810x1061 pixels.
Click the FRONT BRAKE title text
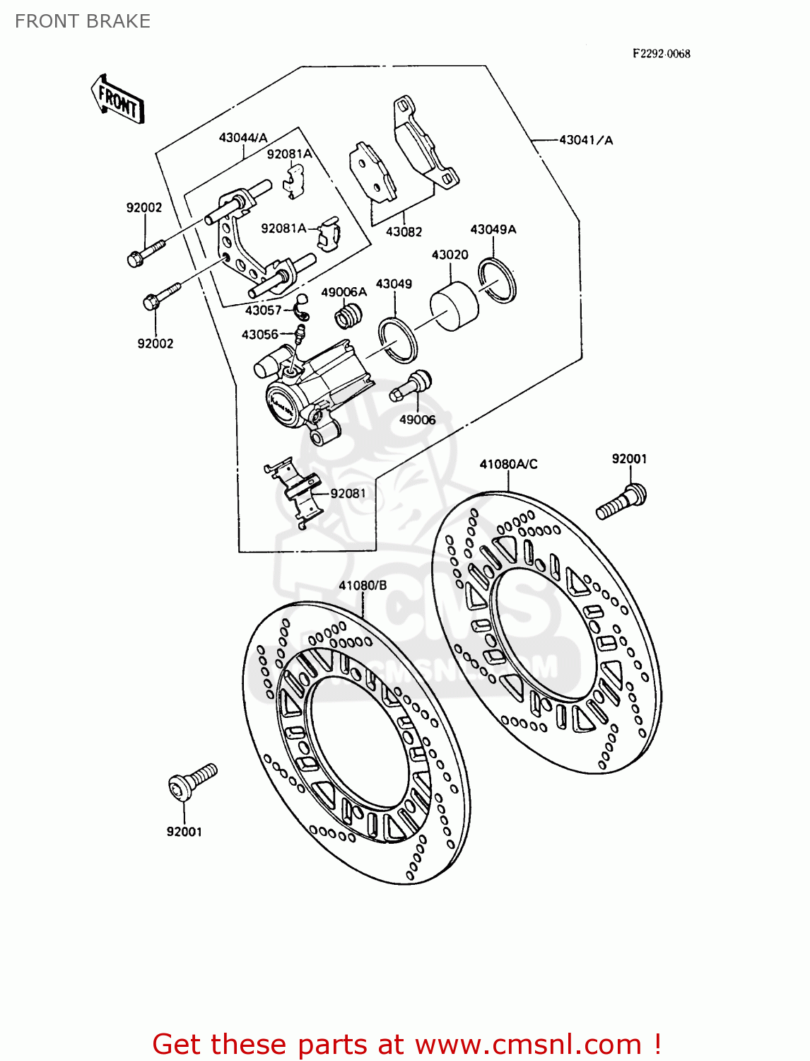83,21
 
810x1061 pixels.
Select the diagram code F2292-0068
661,54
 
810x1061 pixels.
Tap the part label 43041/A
586,140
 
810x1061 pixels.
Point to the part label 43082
404,232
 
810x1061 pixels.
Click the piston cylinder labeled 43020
454,306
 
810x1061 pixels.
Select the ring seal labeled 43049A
497,281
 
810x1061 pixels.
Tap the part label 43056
259,335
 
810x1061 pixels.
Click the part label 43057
263,311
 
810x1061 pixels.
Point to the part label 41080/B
363,586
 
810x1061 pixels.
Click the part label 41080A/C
508,465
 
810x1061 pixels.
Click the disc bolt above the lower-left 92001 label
192,782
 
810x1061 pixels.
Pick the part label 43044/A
243,138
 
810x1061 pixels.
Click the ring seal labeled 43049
398,340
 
